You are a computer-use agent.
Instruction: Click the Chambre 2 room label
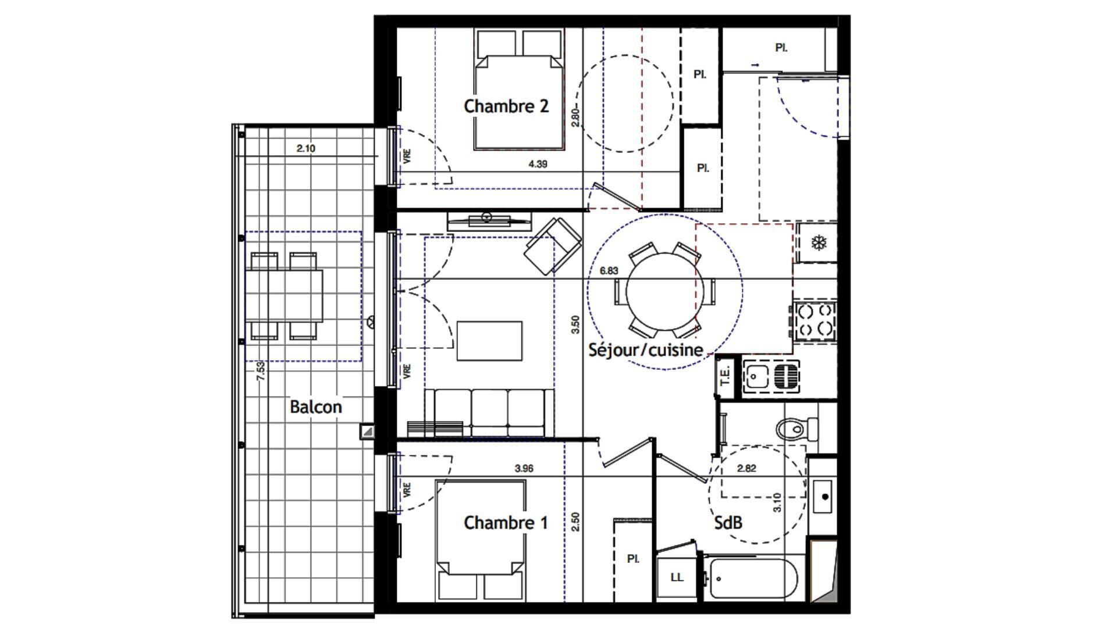506,106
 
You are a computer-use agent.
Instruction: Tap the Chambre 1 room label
506,523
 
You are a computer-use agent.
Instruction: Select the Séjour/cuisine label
646,350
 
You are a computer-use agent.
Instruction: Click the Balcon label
316,407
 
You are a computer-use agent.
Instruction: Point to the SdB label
728,523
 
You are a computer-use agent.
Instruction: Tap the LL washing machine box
677,577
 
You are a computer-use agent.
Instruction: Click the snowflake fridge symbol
819,242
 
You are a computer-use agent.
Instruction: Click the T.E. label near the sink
725,376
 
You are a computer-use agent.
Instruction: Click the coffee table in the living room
489,341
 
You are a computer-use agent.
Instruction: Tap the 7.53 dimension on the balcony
261,370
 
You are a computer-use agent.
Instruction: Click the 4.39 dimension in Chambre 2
538,165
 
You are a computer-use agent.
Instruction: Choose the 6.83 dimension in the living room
609,270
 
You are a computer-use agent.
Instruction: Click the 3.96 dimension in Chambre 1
524,468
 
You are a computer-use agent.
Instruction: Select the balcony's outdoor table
284,296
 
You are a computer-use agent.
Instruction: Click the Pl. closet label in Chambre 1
633,559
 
